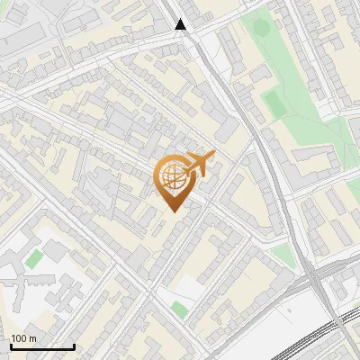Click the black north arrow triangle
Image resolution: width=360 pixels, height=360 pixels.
pyautogui.click(x=181, y=24)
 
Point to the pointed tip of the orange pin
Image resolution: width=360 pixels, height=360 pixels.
pyautogui.click(x=172, y=211)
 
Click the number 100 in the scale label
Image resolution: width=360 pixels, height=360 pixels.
pyautogui.click(x=19, y=338)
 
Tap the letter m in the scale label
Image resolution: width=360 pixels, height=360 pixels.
pyautogui.click(x=32, y=338)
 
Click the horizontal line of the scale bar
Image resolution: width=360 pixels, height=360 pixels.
pyautogui.click(x=41, y=346)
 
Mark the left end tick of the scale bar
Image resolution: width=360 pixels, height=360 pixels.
pyautogui.click(x=11, y=346)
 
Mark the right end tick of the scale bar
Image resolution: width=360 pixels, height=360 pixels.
pyautogui.click(x=73, y=346)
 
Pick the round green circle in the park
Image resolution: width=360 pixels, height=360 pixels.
pyautogui.click(x=261, y=26)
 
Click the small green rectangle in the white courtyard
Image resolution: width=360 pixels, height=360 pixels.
pyautogui.click(x=33, y=259)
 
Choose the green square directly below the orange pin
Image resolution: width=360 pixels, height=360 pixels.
pyautogui.click(x=180, y=310)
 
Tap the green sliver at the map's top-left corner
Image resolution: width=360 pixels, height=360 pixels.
pyautogui.click(x=4, y=4)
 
